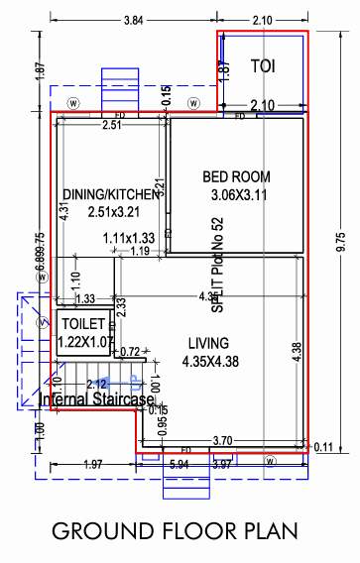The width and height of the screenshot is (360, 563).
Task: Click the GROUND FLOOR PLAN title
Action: [175, 530]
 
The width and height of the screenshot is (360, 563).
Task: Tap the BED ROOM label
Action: [236, 176]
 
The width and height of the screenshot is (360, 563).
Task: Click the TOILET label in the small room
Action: [83, 325]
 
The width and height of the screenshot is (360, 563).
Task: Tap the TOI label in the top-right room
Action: [263, 66]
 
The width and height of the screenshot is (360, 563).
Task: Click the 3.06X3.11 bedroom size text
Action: [241, 196]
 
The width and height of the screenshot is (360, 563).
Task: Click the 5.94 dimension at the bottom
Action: [179, 463]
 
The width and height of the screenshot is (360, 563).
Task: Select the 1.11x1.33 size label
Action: [129, 238]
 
